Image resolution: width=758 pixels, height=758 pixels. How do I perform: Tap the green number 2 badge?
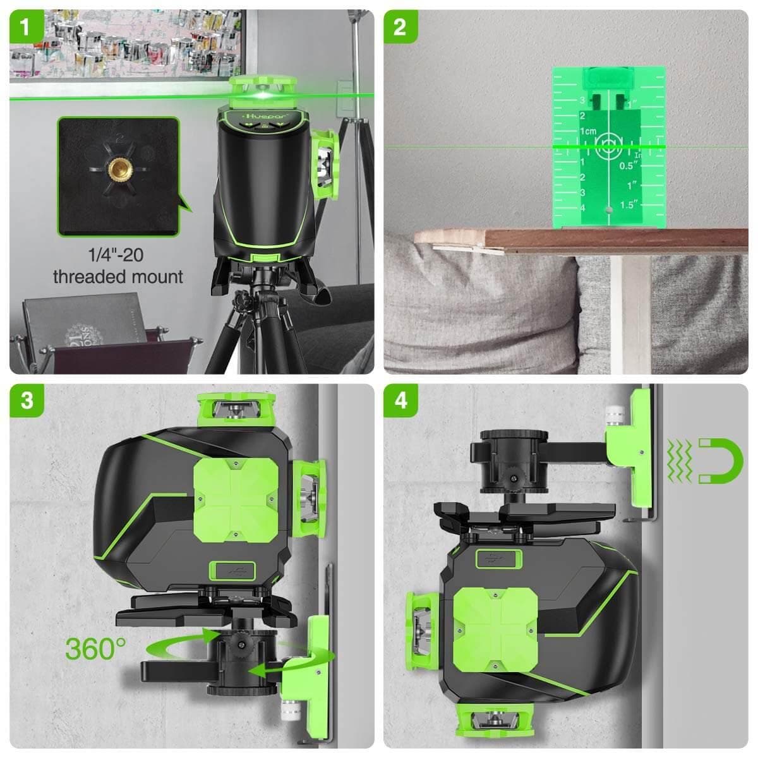point(400,27)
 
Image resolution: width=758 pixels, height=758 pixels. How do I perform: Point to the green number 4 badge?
point(400,401)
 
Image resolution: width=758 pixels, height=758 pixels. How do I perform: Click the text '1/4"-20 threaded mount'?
point(118,265)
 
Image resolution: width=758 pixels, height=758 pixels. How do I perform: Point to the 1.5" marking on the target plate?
point(630,205)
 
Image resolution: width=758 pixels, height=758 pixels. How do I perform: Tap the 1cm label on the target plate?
point(587,131)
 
